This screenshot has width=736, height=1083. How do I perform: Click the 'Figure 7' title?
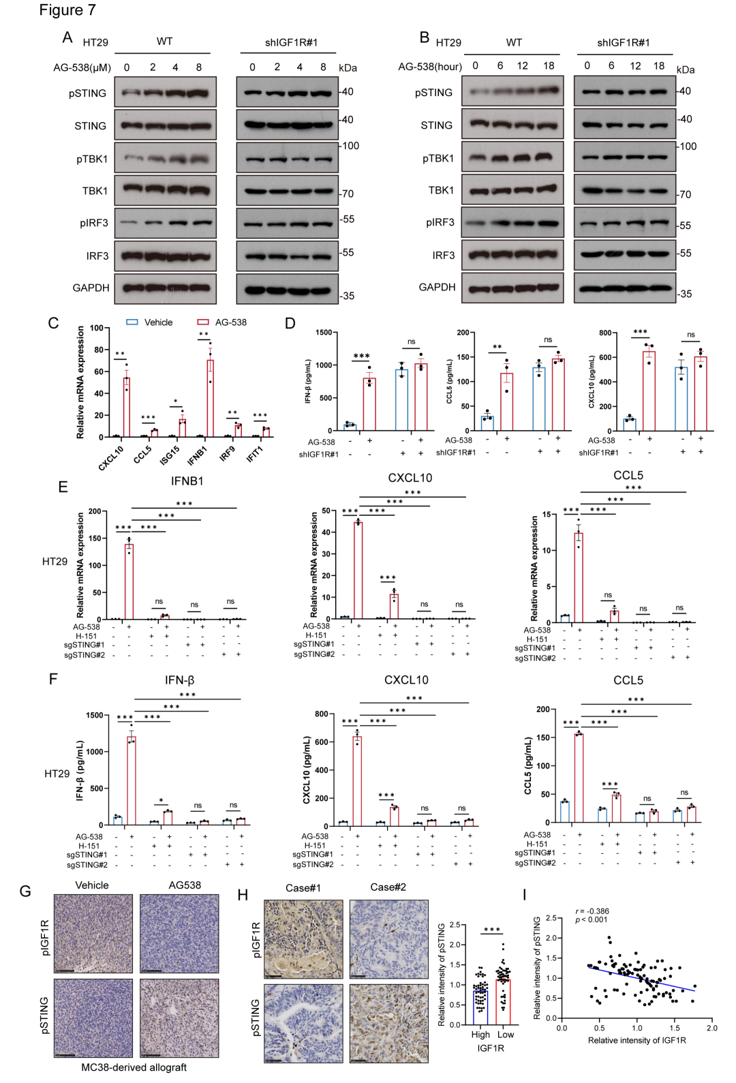tap(67, 10)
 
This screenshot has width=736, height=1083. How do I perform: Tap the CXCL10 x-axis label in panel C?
tap(111, 457)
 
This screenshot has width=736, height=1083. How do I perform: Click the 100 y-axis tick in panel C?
tap(96, 329)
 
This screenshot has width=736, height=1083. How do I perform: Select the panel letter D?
tap(290, 323)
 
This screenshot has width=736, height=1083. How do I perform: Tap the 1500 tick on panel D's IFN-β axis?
tap(324, 333)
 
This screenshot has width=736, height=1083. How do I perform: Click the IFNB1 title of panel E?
tap(187, 481)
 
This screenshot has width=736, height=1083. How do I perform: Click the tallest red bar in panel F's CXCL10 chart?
tap(356, 779)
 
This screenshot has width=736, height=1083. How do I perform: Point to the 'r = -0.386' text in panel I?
tap(592, 911)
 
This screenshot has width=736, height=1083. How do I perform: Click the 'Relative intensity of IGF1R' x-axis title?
tap(637, 1041)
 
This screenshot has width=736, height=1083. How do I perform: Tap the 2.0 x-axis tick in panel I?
tap(711, 1028)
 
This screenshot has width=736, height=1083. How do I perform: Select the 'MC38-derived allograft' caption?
tap(134, 1067)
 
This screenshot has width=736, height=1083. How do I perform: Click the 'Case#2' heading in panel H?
tap(388, 887)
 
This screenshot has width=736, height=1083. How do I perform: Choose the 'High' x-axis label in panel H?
tap(480, 1035)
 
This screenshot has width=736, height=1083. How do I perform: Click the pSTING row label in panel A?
tap(87, 93)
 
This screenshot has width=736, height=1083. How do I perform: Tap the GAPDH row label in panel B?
tap(437, 287)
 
